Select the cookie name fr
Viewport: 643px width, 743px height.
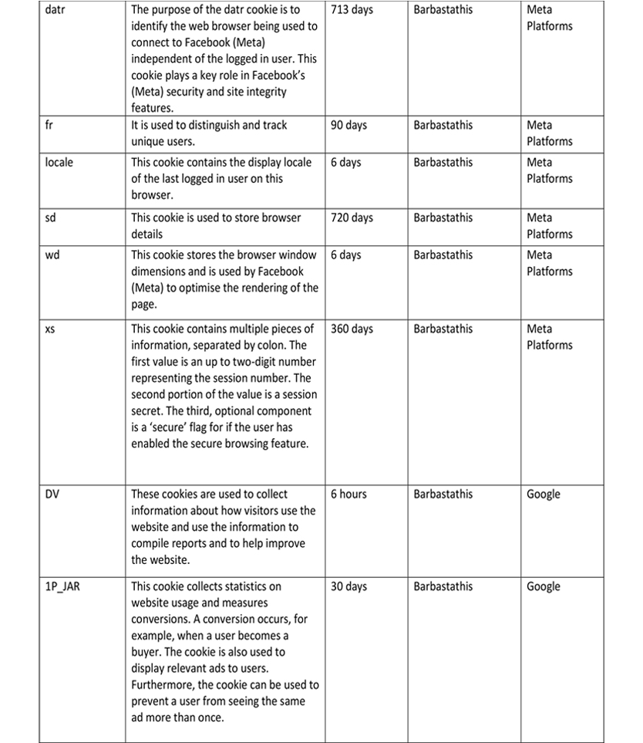pos(49,125)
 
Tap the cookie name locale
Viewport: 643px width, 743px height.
pos(59,162)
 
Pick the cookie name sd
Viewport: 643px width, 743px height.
pos(51,218)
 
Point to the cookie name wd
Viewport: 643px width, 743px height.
pos(52,255)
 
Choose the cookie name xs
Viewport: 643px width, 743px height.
pos(50,329)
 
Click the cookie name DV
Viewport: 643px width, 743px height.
pos(53,494)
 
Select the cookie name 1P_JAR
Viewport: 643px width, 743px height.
pos(62,587)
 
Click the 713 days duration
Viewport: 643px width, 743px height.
pos(352,10)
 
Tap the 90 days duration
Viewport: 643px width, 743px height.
pos(348,125)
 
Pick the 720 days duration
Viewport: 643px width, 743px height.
pos(352,218)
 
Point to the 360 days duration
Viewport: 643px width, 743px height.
pos(352,329)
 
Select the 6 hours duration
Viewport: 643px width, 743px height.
pos(348,494)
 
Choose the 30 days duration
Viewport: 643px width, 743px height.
pos(348,586)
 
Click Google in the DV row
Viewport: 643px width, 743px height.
pos(544,494)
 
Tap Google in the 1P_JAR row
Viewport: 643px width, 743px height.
pos(544,586)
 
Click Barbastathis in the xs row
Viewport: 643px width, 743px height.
pos(443,329)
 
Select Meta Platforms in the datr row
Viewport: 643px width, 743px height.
pos(550,18)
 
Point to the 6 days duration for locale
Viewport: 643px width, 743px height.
pos(345,162)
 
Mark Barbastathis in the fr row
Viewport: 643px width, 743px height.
pos(443,125)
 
